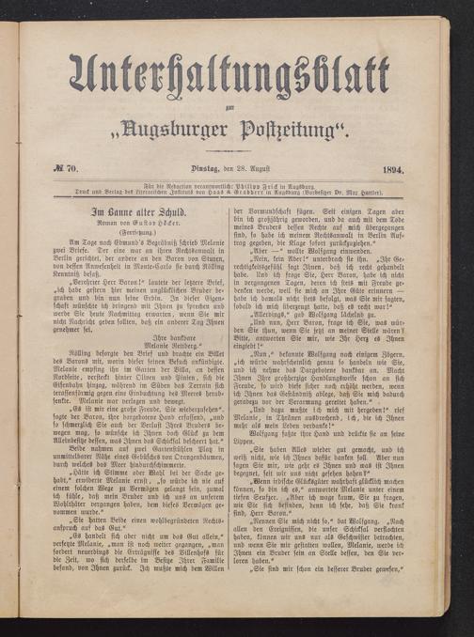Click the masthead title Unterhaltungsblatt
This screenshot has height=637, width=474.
245,74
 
